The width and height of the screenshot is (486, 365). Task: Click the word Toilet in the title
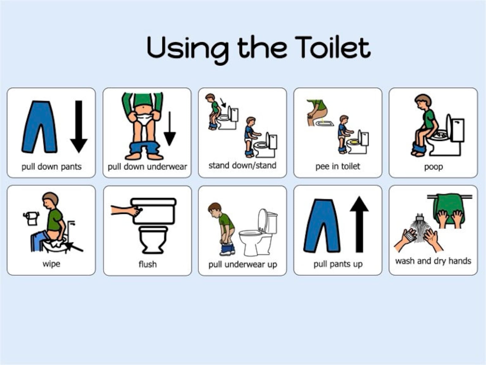333,48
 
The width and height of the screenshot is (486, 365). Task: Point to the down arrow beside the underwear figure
170,129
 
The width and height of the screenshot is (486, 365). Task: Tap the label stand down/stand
242,165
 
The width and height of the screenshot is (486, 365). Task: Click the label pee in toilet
338,166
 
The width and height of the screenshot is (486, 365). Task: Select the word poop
433,167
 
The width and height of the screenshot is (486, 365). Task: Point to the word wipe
51,264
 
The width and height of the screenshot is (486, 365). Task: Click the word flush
148,264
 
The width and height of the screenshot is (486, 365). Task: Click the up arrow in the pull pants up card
359,224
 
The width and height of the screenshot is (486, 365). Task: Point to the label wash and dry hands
433,261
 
